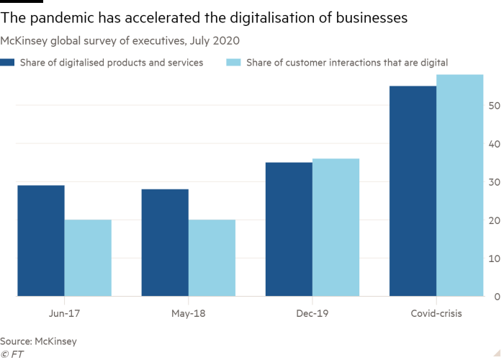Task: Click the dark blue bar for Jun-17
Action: click(x=41, y=240)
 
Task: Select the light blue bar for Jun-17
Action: click(x=89, y=258)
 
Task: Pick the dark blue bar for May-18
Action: click(x=165, y=242)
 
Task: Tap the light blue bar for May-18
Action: click(x=212, y=258)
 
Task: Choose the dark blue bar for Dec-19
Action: click(x=289, y=229)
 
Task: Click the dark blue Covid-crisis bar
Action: click(x=413, y=191)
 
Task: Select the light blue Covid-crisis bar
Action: click(x=460, y=185)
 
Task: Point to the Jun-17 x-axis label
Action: click(x=65, y=314)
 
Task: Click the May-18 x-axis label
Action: click(x=189, y=314)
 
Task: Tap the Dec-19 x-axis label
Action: click(x=312, y=314)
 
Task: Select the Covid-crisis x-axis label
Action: click(x=436, y=314)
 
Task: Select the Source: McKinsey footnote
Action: click(x=38, y=341)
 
